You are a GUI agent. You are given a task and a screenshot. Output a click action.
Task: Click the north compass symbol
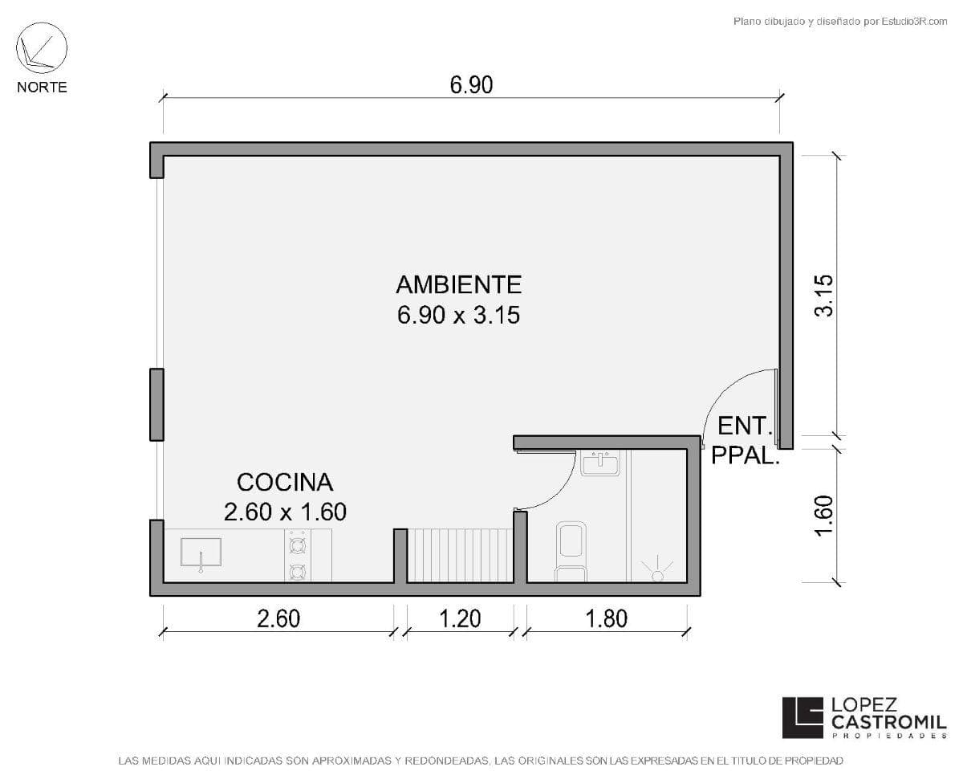pos(42,49)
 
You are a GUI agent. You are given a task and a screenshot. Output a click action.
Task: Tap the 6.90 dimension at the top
pos(471,85)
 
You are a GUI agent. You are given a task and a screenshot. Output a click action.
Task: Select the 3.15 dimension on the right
pos(824,296)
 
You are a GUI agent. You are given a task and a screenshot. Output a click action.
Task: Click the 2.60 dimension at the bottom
pos(278,618)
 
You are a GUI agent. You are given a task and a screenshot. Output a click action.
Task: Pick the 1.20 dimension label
pos(461,618)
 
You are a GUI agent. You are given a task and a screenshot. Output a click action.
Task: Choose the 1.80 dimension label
pos(607,618)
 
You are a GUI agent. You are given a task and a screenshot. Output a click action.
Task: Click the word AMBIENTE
pos(458,284)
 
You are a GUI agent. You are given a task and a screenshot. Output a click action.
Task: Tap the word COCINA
pos(285,482)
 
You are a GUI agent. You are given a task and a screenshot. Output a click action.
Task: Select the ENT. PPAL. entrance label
pos(745,440)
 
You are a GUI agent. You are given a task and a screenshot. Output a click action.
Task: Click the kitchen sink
pos(201,553)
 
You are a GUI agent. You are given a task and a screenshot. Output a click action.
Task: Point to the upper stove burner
pos(297,546)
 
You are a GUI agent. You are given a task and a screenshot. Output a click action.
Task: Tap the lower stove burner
pos(297,571)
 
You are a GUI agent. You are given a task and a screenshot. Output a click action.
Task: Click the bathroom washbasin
pos(600,463)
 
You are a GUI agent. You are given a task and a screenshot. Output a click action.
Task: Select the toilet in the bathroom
pos(571,550)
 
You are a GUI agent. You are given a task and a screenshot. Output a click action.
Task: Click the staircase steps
pos(461,554)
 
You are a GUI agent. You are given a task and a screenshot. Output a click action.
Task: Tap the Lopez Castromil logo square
pos(802,716)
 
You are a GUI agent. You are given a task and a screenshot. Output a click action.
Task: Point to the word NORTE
pos(42,87)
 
